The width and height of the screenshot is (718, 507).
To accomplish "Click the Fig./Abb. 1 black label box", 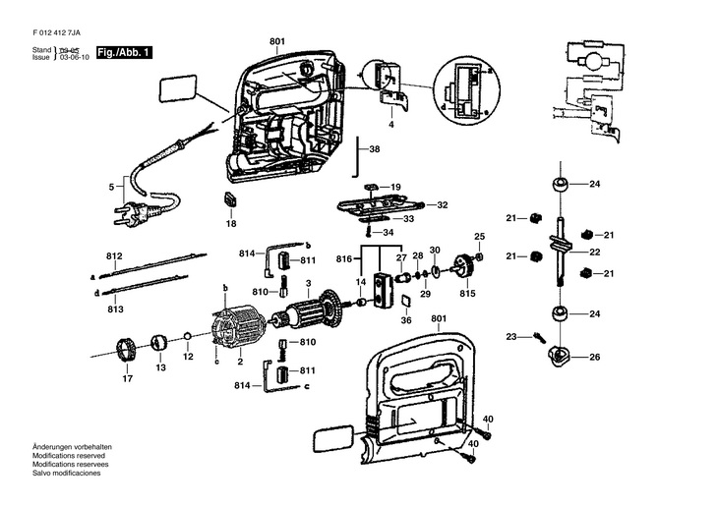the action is point(124,53).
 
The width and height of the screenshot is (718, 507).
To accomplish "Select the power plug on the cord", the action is point(137,213).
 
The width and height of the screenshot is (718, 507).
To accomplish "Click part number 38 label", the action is point(374,149).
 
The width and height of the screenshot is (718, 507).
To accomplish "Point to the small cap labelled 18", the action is point(230,199).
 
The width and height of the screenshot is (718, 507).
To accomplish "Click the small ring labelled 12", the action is point(188,337).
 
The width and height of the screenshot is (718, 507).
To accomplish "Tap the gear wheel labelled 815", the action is point(465,266).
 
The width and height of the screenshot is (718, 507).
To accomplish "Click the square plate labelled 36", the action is point(405,301).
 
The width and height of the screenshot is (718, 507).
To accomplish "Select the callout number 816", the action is point(344,259).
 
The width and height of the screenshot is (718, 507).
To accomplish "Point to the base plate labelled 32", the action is point(383,206).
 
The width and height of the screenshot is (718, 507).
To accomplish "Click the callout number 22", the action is point(594,253).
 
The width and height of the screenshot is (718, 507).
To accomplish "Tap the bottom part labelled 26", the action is point(559,356).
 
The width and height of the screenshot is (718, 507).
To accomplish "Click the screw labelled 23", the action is point(540,338).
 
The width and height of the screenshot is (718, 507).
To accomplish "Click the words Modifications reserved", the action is point(69,456).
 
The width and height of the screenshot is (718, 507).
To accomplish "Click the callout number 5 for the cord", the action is point(111,187).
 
